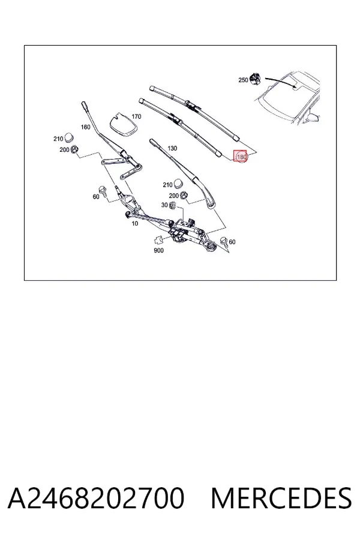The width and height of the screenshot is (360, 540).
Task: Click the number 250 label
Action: click(243, 80)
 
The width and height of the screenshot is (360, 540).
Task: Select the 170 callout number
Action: click(136, 116)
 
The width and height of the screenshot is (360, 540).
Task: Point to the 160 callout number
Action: click(85, 127)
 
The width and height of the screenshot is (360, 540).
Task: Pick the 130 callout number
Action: click(172, 148)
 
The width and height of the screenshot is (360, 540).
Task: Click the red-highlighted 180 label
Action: click(241, 157)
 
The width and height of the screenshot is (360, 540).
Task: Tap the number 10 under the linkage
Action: click(135, 224)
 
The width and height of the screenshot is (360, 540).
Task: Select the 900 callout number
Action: click(158, 250)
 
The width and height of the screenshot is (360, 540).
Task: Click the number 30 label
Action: click(164, 205)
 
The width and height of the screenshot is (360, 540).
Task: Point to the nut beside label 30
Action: click(173, 206)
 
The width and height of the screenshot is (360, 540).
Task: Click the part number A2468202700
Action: click(96, 498)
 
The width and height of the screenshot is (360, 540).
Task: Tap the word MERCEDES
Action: click(281, 498)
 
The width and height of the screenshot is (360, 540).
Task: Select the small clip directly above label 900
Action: click(159, 239)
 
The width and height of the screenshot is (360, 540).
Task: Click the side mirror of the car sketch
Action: click(313, 118)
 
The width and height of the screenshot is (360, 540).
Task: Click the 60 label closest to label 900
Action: click(232, 242)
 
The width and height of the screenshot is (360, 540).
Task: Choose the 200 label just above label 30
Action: click(173, 196)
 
